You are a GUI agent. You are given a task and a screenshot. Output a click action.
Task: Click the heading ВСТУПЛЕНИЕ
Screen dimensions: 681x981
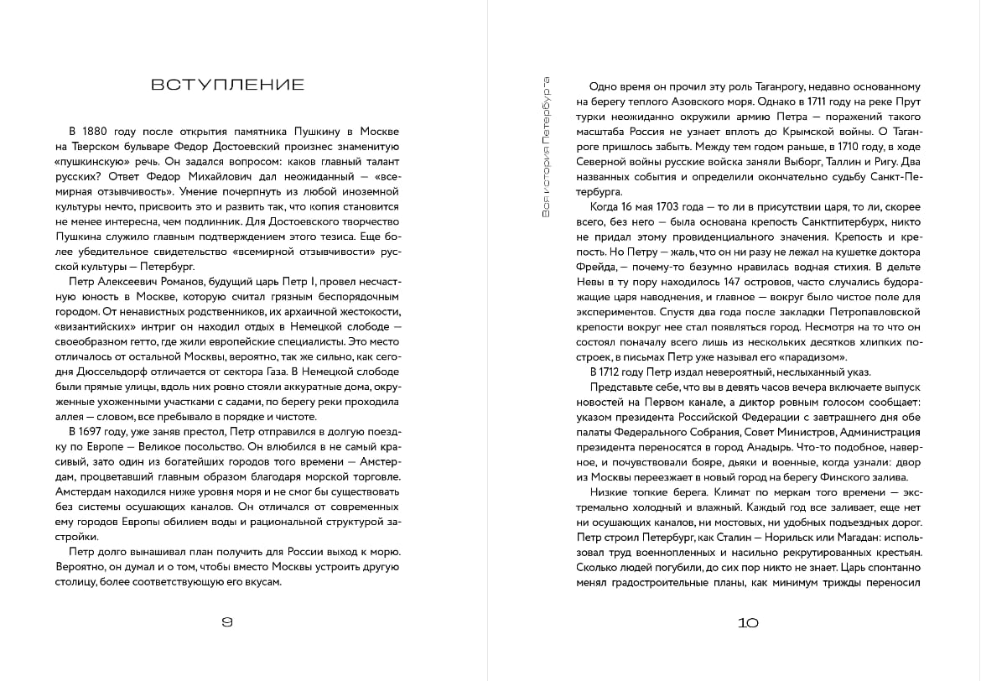(x=227, y=85)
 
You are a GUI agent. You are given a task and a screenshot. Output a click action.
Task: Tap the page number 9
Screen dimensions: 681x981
(x=226, y=622)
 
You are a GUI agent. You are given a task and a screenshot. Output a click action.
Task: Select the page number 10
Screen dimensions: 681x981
(x=748, y=622)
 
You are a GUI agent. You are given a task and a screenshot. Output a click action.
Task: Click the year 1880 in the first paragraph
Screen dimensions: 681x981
(x=98, y=132)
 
